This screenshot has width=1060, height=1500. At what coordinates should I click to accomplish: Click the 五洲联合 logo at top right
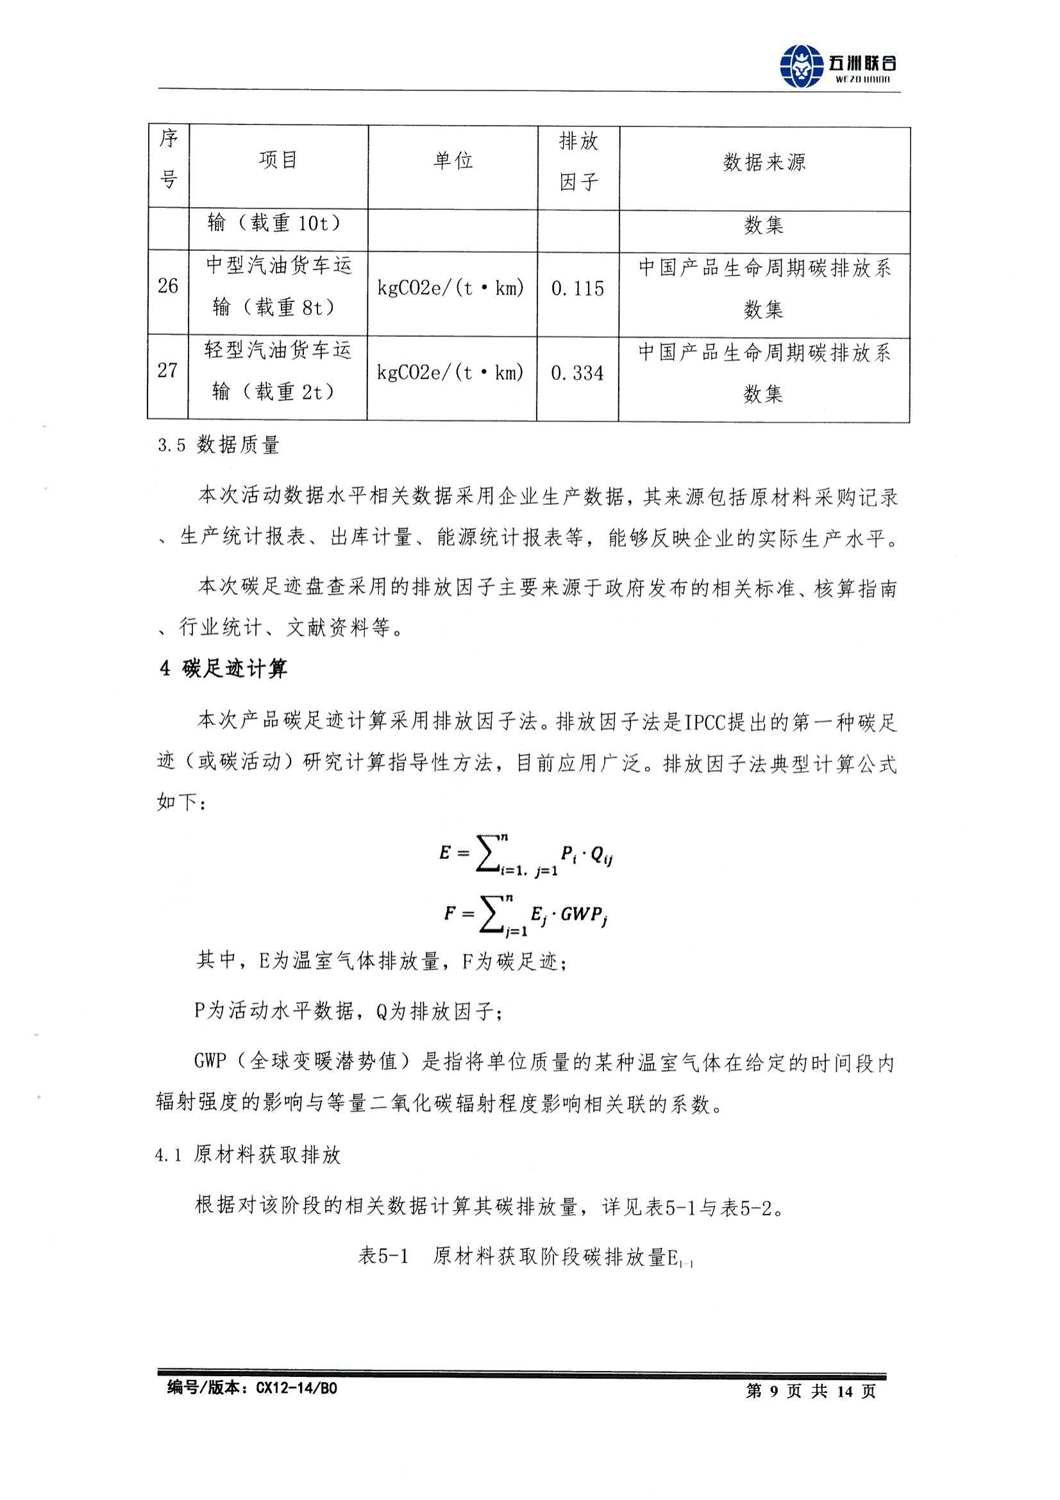coord(837,64)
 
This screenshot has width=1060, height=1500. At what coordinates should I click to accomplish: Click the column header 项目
coord(278,160)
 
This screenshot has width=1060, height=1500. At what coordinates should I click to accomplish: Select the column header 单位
coord(452,160)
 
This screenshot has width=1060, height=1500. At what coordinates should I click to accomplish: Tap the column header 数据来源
coord(764,162)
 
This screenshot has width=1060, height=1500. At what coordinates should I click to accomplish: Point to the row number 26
coord(168,286)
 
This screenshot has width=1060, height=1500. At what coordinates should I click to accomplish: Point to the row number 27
coord(168,370)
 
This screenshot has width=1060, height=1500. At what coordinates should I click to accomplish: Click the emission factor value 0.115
coord(577,289)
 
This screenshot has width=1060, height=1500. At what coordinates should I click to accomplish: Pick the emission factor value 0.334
coord(577,373)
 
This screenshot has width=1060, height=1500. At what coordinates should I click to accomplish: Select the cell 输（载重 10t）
coord(278,223)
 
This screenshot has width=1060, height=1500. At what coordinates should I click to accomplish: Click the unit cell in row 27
coord(451,373)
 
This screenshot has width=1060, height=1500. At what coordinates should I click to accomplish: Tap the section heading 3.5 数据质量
coord(219,445)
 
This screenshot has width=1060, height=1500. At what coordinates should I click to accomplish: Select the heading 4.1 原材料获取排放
coord(248,1155)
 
